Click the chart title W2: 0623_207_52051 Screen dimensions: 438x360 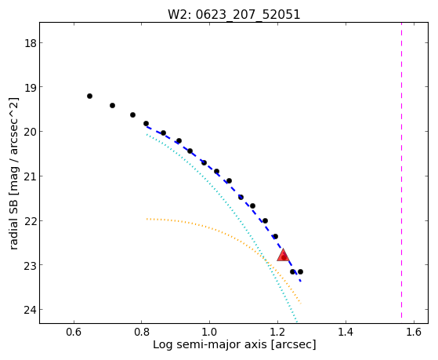pos(233,14)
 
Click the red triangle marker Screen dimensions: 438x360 pos(283,255)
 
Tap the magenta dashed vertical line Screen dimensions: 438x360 pos(401,170)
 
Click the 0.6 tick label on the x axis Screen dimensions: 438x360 pos(74,332)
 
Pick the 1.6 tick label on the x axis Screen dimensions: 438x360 pos(414,332)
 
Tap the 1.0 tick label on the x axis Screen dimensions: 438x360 pos(209,332)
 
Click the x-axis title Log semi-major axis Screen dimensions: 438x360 pos(210,344)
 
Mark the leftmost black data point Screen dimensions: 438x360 pos(89,96)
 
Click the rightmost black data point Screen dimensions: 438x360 pos(300,271)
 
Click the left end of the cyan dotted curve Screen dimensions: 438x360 pos(147,135)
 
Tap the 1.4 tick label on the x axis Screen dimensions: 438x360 pos(346,332)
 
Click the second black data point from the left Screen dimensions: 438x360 pos(112,105)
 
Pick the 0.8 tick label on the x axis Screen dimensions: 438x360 pos(141,332)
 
